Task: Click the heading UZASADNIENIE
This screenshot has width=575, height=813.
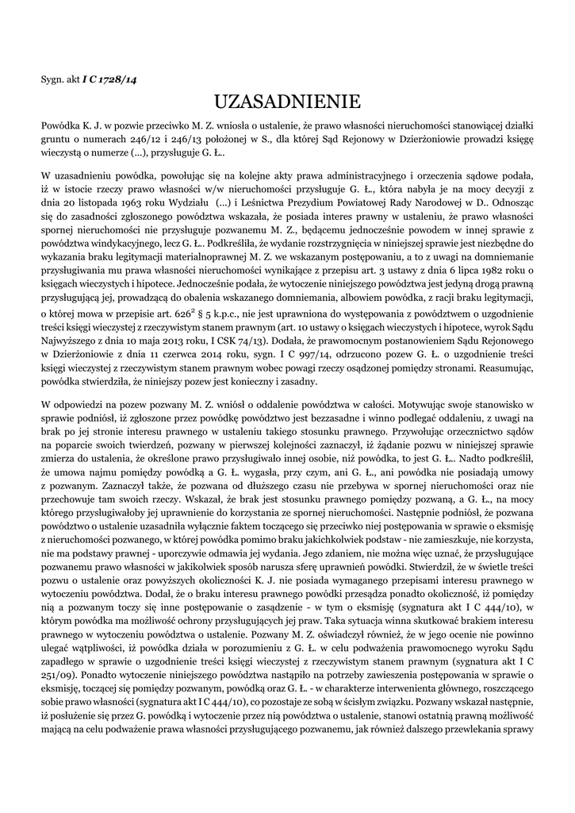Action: [287, 101]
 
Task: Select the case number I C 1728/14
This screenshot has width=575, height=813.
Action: [109, 79]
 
